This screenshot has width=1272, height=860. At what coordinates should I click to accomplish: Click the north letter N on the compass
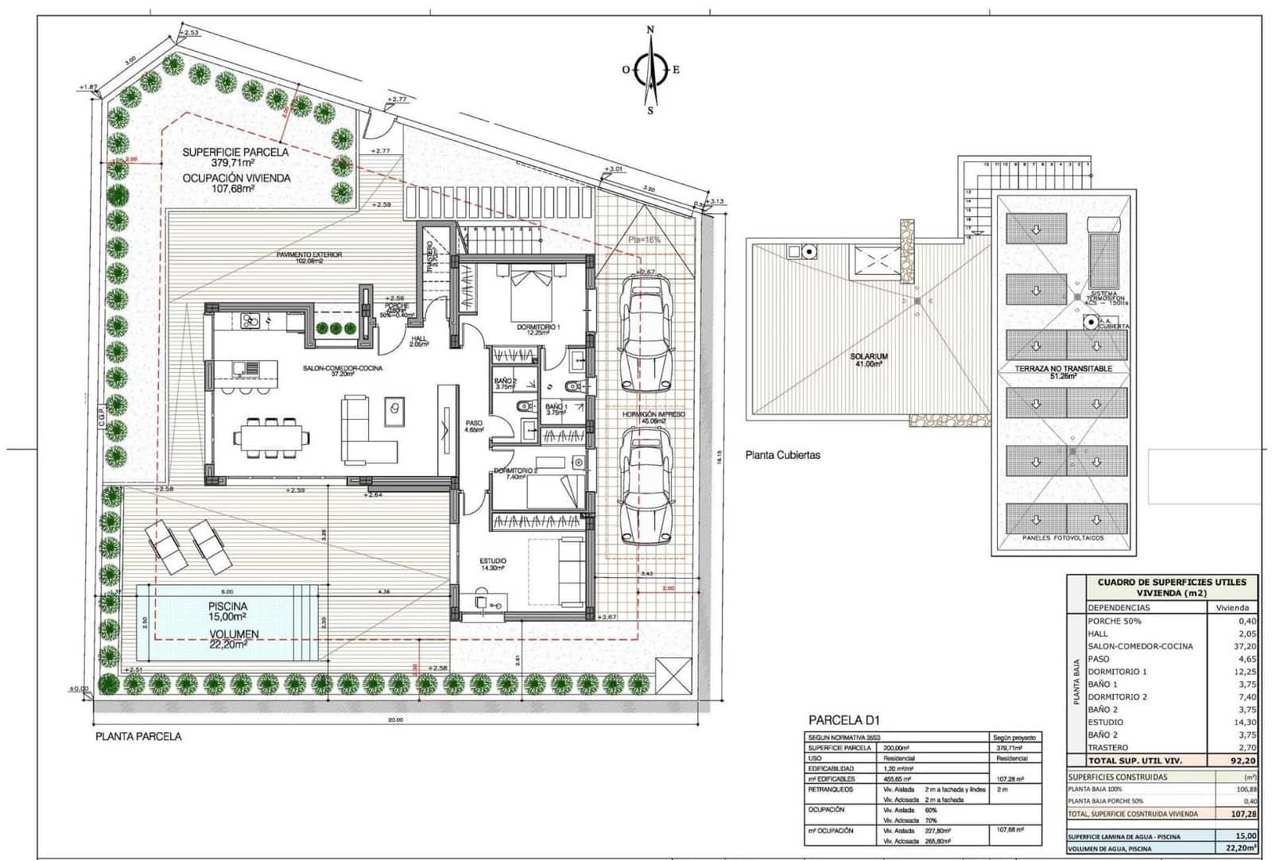pyautogui.click(x=650, y=30)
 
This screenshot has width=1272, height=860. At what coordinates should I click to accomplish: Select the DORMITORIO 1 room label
pyautogui.click(x=538, y=330)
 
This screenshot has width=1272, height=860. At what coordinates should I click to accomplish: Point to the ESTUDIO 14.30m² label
pyautogui.click(x=493, y=564)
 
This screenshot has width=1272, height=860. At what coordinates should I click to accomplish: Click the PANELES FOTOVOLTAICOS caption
pyautogui.click(x=1063, y=538)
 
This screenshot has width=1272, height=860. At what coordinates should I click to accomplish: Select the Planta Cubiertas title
pyautogui.click(x=782, y=455)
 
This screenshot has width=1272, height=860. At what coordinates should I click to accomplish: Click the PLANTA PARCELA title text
pyautogui.click(x=138, y=737)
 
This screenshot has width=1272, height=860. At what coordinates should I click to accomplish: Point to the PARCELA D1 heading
pyautogui.click(x=844, y=721)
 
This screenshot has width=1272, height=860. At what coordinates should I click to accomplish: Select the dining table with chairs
pyautogui.click(x=271, y=437)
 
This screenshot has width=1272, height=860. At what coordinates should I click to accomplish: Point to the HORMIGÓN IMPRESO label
pyautogui.click(x=653, y=418)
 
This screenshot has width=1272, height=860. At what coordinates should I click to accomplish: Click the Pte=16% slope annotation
pyautogui.click(x=644, y=239)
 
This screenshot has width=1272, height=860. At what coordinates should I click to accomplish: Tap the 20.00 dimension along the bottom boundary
pyautogui.click(x=395, y=720)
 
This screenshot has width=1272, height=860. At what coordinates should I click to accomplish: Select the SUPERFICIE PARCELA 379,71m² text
pyautogui.click(x=235, y=157)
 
